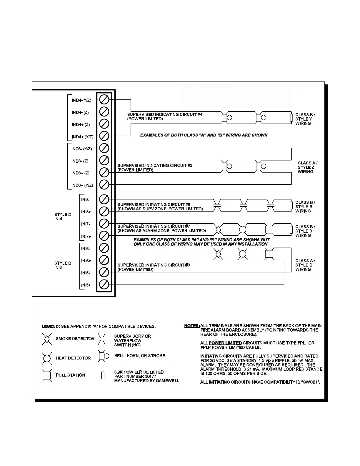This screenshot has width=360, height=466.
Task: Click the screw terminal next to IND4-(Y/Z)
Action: pyautogui.click(x=104, y=99)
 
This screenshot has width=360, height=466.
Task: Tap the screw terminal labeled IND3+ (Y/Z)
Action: pyautogui.click(x=104, y=185)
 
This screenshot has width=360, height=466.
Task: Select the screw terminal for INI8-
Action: pyautogui.click(x=104, y=199)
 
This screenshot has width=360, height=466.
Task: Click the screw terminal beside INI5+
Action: pyautogui.click(x=104, y=284)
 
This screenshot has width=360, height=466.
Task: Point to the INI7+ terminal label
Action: pyautogui.click(x=86, y=237)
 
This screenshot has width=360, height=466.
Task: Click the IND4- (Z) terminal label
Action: pyautogui.click(x=80, y=112)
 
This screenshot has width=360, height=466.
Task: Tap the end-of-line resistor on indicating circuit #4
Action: pyautogui.click(x=291, y=118)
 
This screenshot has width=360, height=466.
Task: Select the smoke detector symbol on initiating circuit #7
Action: pyautogui.click(x=218, y=229)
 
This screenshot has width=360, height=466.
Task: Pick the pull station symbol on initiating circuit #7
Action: pyautogui.click(x=269, y=229)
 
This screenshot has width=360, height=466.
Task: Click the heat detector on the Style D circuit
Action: pyautogui.click(x=243, y=254)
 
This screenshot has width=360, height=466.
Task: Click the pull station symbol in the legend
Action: pyautogui.click(x=46, y=375)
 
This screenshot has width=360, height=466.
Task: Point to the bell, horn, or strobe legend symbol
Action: pyautogui.click(x=103, y=356)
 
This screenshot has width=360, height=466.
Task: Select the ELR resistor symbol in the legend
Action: pyautogui.click(x=103, y=376)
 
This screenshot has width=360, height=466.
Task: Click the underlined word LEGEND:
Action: pyautogui.click(x=51, y=326)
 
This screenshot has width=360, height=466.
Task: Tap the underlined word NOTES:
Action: pyautogui.click(x=192, y=326)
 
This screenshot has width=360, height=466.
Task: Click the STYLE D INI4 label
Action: pyautogui.click(x=63, y=217)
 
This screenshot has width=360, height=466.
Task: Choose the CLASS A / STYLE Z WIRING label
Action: pyautogui.click(x=307, y=167)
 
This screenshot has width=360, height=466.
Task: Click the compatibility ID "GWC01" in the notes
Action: pyautogui.click(x=311, y=382)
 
